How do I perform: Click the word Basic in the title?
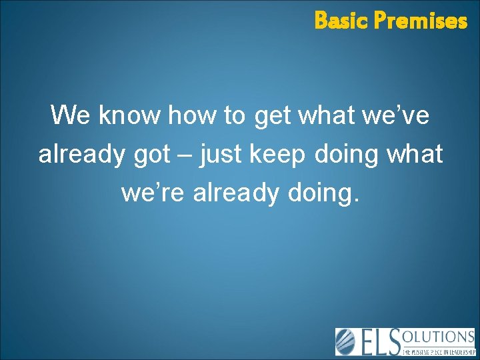pos(341,21)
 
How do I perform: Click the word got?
pos(152,155)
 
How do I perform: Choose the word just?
pos(223,155)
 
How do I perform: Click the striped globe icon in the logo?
pos(347,341)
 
